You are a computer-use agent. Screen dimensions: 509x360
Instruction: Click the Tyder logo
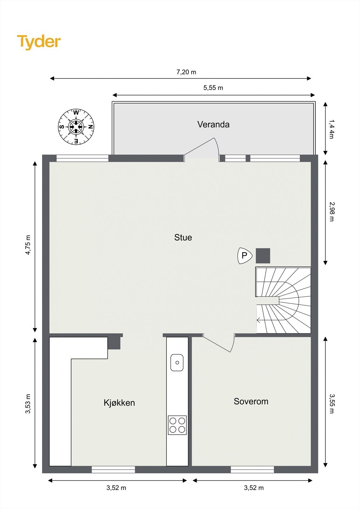(x=39, y=42)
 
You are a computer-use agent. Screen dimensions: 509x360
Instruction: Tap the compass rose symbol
(x=76, y=127)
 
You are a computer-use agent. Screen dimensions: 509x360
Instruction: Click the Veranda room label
(x=213, y=124)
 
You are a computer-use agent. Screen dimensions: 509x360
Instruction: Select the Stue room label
(x=183, y=237)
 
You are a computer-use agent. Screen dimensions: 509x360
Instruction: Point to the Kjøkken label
(x=119, y=403)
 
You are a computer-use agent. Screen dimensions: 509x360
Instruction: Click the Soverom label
(x=251, y=401)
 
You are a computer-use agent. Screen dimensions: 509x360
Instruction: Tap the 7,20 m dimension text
(x=186, y=72)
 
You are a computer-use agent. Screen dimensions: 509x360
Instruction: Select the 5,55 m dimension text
(x=213, y=88)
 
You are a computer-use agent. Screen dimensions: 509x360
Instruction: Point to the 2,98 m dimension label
(x=332, y=212)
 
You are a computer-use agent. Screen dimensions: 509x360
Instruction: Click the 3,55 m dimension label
(x=332, y=404)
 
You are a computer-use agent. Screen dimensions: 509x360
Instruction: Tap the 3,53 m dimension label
(x=28, y=404)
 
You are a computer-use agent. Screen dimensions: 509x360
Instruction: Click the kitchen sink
(x=177, y=362)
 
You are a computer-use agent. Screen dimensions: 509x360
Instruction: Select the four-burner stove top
(x=177, y=425)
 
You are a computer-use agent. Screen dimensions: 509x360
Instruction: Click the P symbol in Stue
(x=244, y=256)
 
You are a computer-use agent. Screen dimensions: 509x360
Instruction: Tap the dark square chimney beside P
(x=263, y=256)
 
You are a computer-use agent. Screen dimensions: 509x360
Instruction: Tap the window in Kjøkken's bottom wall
(x=113, y=470)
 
